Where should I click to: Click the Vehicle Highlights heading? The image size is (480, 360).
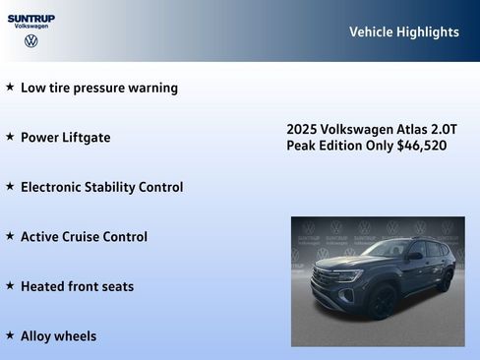click(x=403, y=32)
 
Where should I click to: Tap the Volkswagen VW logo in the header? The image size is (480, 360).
click(x=31, y=41)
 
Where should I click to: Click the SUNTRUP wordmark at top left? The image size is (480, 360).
click(x=31, y=18)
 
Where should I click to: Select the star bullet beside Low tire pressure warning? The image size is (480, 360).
click(x=10, y=87)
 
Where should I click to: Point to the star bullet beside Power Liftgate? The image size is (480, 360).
click(x=10, y=137)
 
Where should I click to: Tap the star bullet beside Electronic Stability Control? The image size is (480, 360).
click(x=10, y=186)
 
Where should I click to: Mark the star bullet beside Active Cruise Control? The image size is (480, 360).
click(x=10, y=236)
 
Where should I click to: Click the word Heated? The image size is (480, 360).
click(x=44, y=286)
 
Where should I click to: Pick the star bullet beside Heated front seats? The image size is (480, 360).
click(x=10, y=286)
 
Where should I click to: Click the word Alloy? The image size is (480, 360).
click(x=39, y=336)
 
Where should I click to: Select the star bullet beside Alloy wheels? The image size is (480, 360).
click(x=10, y=335)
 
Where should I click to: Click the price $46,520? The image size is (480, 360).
click(x=422, y=146)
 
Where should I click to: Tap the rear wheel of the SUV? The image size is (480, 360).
click(x=444, y=282)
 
